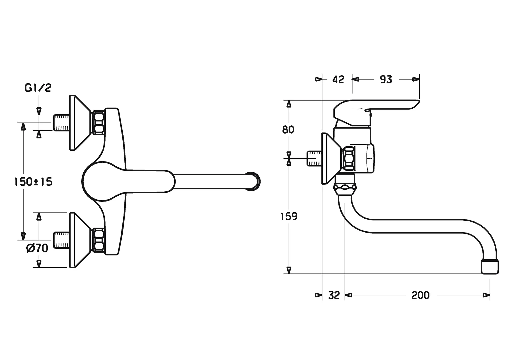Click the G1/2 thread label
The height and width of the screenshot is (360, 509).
pos(38,88)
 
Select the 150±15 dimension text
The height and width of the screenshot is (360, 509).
pos(33,182)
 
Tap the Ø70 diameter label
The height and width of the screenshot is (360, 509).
pos(37,248)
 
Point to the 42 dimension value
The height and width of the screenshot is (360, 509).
pos(338,79)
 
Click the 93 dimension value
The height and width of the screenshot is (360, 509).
pos(386,79)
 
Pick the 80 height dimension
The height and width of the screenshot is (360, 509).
pos(288,129)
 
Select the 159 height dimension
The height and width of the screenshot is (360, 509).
pos(289,216)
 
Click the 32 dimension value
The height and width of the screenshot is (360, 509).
pos(334,295)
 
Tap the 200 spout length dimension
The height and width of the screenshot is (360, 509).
pos(420,295)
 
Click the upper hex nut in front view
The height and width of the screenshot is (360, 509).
pos(98,122)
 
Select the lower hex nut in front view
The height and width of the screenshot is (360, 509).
pos(98,240)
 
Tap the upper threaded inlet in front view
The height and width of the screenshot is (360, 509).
pos(61,122)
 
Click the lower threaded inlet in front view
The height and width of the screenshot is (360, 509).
pos(61,240)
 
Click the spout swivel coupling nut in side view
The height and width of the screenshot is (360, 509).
pos(345,187)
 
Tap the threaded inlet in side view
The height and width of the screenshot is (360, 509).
pos(314,158)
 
